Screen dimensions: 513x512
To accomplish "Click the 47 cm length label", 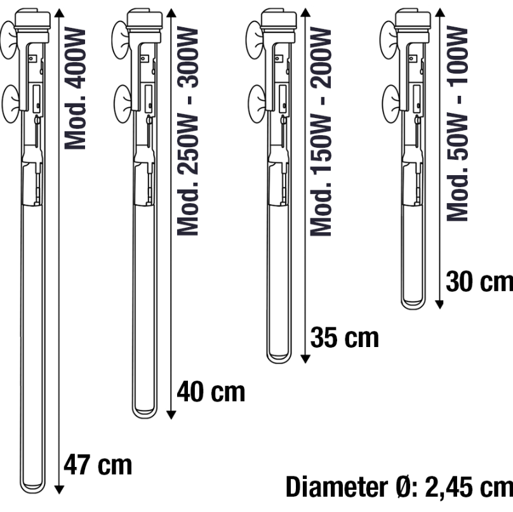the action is coord(98,464).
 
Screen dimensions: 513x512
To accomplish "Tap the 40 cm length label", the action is coord(211,391).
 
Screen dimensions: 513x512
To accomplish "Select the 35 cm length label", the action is coord(345,337).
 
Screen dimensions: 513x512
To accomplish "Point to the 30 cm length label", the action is coord(479,282).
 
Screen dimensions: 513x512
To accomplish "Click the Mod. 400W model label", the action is coord(75,88).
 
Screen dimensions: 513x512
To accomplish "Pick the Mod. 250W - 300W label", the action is coord(187,131).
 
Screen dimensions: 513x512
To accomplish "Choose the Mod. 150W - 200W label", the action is coord(321,131).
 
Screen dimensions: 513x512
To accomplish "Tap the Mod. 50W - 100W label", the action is coord(457,123).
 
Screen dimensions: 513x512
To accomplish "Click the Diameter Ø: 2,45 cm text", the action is coord(399,487).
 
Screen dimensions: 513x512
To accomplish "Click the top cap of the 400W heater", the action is coord(33,20).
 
